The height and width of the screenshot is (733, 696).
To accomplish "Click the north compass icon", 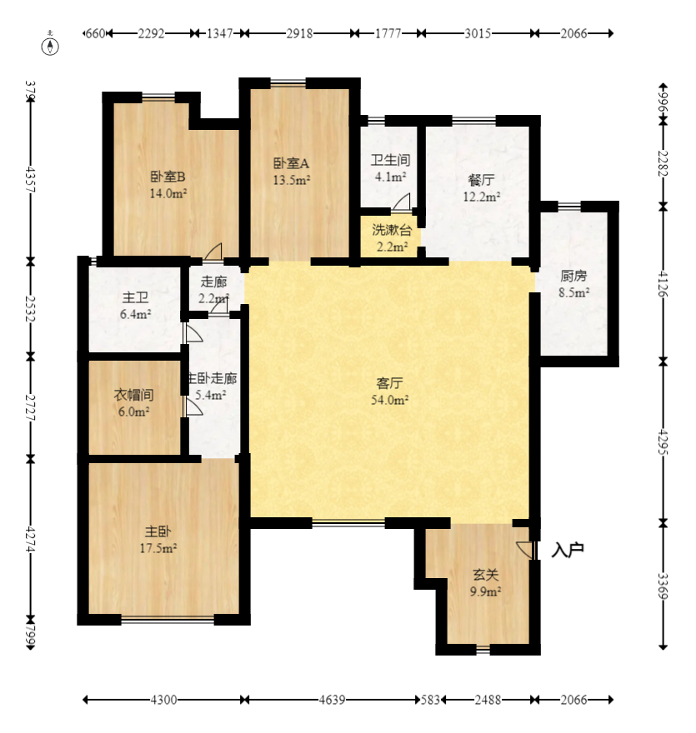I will point(52,44).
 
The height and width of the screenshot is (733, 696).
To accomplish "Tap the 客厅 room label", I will point(390,384).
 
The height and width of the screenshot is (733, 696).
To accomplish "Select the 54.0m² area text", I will point(390,400).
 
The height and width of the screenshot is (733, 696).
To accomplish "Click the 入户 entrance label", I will point(568,550).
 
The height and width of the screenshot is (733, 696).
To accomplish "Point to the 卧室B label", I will point(168,177).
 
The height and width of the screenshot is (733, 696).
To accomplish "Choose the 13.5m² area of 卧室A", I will point(292,179).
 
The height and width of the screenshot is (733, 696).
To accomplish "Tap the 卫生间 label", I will point(390,161).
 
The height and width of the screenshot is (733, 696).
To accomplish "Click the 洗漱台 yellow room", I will point(390,237).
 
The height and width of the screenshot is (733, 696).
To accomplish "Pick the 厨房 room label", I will point(574,277).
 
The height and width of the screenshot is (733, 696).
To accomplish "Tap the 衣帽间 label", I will point(132,396).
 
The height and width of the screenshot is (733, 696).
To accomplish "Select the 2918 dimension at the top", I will point(299,33).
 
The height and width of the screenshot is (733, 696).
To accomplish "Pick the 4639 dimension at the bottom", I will point(331,701).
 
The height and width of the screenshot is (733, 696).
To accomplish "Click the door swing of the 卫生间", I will point(402,202).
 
